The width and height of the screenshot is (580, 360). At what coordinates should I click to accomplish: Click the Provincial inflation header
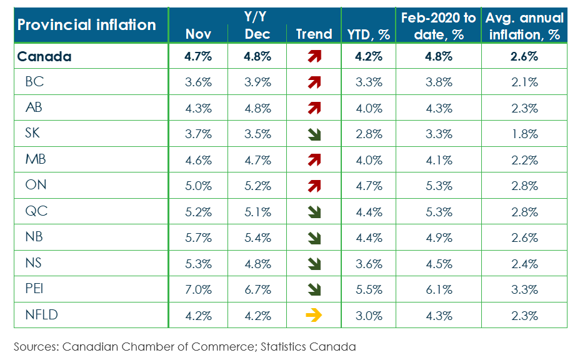pyautogui.click(x=86, y=25)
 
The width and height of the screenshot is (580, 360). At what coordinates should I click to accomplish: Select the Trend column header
pyautogui.click(x=314, y=34)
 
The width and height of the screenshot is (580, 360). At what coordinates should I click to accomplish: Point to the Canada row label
pyautogui.click(x=44, y=56)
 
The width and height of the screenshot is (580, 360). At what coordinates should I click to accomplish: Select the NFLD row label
pyautogui.click(x=41, y=314)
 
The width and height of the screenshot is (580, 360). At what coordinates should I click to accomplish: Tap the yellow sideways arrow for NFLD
pyautogui.click(x=314, y=315)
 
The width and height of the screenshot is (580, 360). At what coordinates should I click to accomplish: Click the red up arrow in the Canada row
pyautogui.click(x=314, y=56)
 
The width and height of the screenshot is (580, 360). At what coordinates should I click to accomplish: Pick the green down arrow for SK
pyautogui.click(x=314, y=134)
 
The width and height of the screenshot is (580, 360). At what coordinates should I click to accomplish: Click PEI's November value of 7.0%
pyautogui.click(x=199, y=289)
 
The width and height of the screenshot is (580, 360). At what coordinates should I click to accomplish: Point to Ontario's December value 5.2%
pyautogui.click(x=257, y=186)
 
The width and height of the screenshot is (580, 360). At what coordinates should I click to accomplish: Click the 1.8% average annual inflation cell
pyautogui.click(x=525, y=134)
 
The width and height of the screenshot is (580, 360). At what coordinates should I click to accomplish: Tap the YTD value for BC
pyautogui.click(x=369, y=82)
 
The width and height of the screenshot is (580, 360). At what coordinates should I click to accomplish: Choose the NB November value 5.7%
pyautogui.click(x=199, y=237)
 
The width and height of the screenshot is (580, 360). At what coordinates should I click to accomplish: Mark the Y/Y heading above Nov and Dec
pyautogui.click(x=257, y=17)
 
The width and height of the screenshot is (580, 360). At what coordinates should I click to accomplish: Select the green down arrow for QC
pyautogui.click(x=314, y=212)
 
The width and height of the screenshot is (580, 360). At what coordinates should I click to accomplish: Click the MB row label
pyautogui.click(x=36, y=159)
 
